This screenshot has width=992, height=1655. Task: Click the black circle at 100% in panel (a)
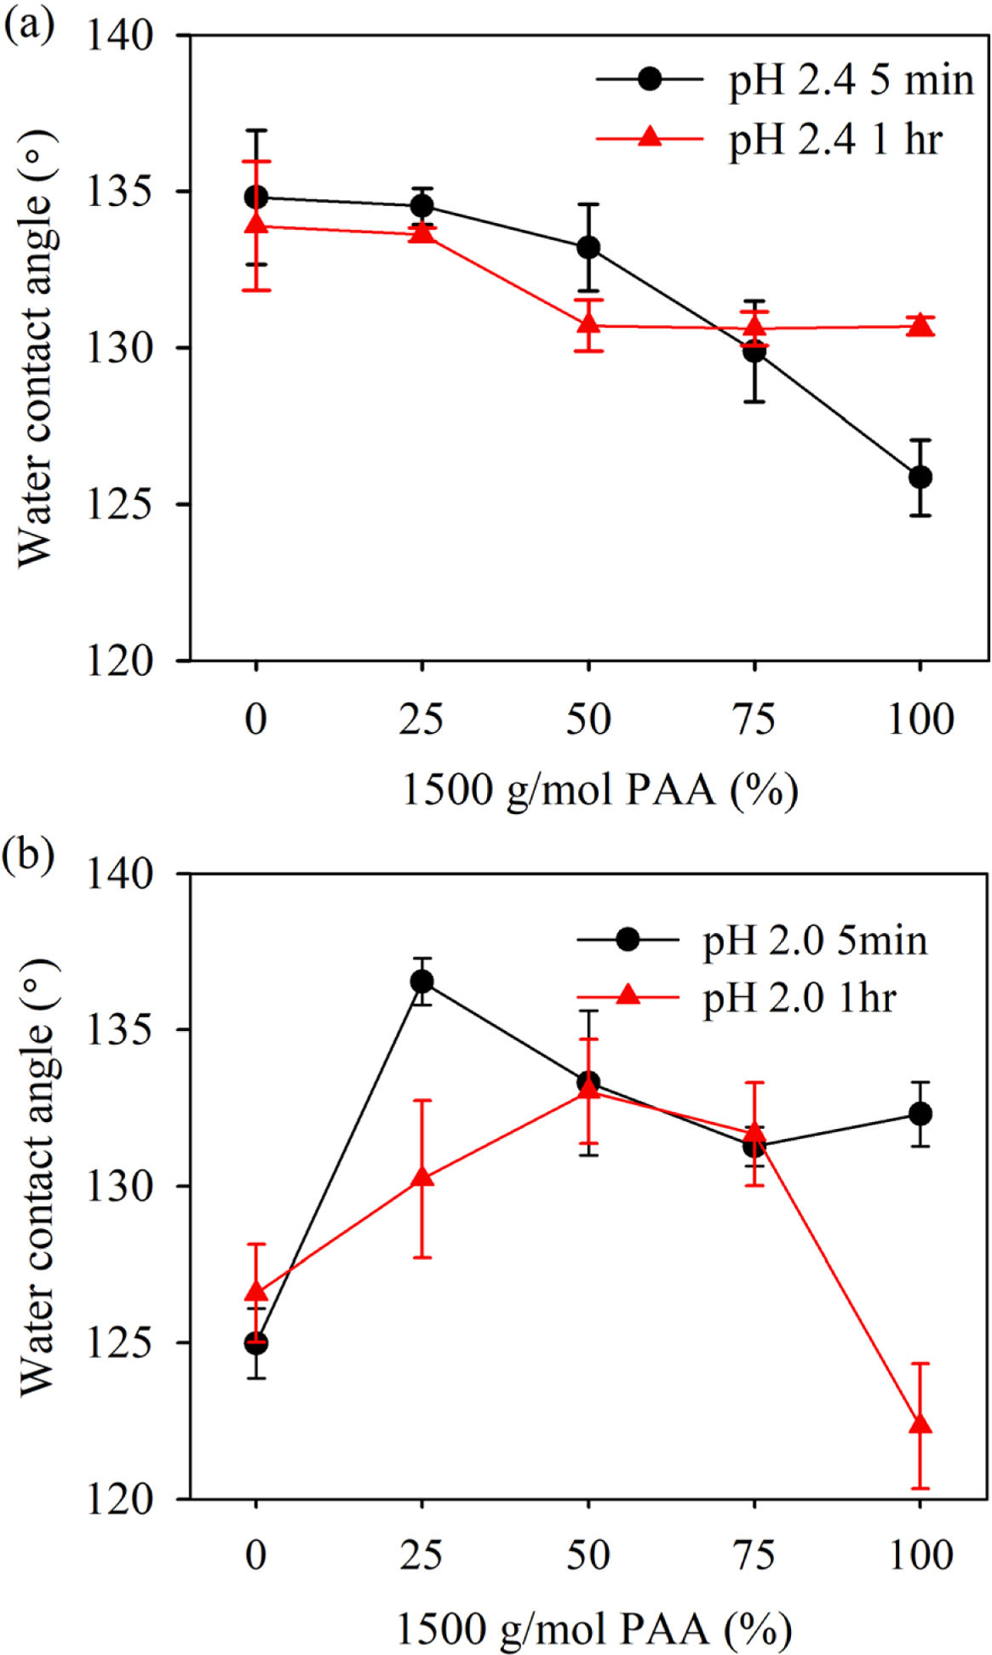point(920,477)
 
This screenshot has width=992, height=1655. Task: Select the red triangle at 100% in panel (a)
point(920,325)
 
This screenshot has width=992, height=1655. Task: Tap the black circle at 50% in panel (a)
point(588,248)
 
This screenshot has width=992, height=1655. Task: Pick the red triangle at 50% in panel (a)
point(588,324)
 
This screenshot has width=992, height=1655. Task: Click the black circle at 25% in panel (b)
point(422,982)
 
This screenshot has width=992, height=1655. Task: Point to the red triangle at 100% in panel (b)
point(920,1424)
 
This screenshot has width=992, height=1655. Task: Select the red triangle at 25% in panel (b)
point(422,1178)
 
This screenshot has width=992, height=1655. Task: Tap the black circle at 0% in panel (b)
point(256,1343)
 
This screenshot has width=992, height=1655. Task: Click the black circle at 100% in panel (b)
point(920,1114)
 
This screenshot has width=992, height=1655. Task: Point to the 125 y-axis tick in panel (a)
point(119,505)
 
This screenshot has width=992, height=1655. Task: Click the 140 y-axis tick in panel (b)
point(119,873)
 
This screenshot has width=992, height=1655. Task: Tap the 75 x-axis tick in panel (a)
point(754,720)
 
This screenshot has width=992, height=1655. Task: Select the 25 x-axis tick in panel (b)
point(421,1555)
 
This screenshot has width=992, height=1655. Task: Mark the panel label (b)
point(28,854)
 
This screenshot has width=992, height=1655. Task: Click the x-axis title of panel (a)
point(599,790)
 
